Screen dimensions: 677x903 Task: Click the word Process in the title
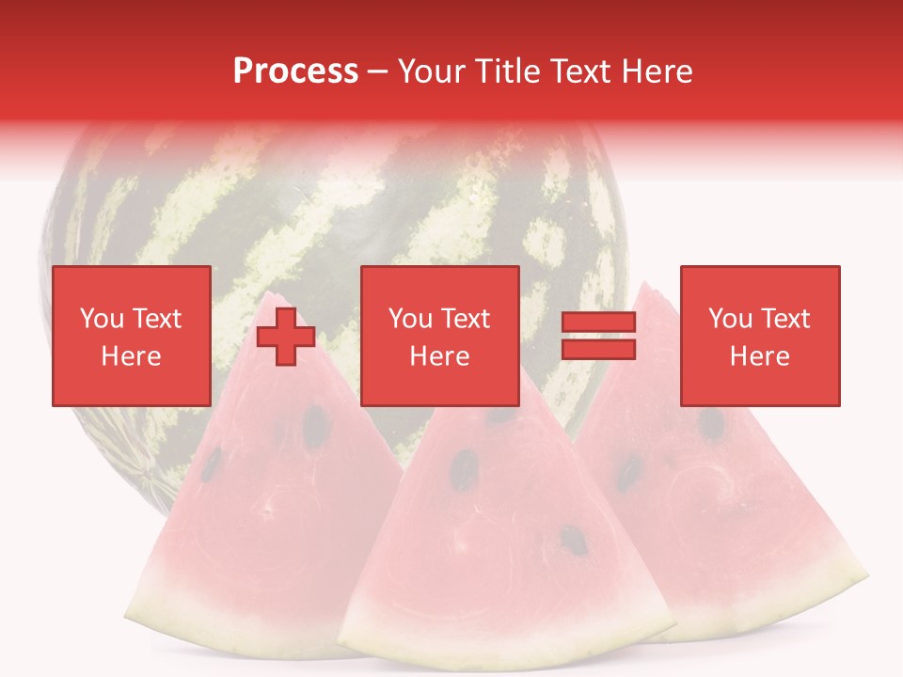[x=295, y=71]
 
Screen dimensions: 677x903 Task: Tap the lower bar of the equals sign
[x=598, y=350]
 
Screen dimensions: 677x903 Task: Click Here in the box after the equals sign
[x=760, y=356]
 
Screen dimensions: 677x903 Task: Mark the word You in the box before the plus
[x=102, y=319]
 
